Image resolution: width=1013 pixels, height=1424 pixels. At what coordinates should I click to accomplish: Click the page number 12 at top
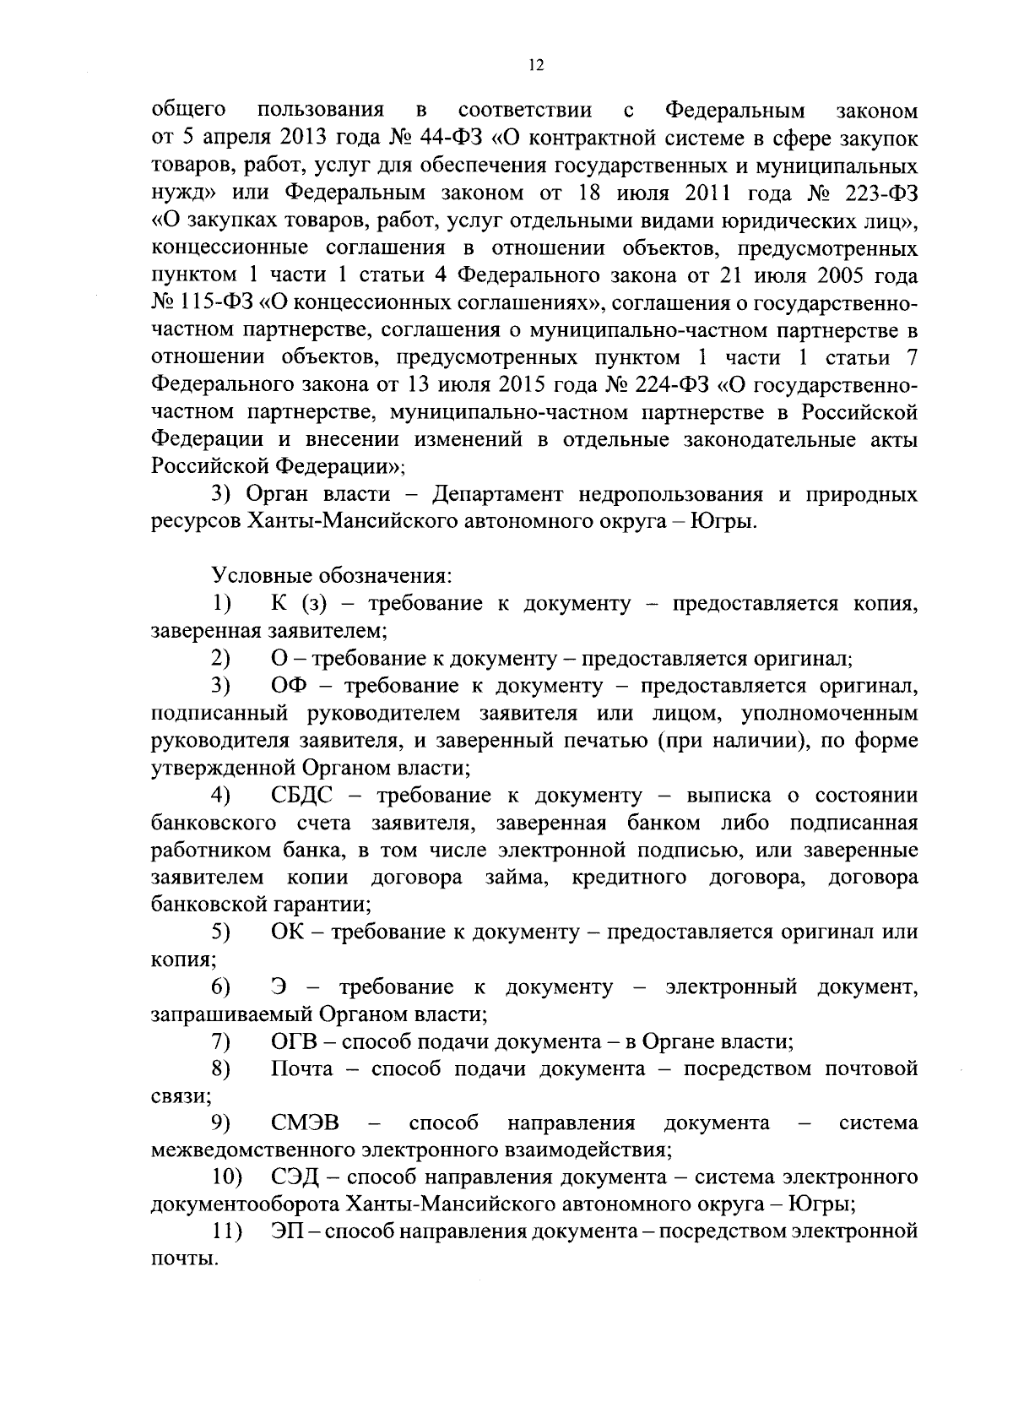(x=533, y=66)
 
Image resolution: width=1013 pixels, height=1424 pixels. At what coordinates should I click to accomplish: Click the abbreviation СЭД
(x=293, y=1177)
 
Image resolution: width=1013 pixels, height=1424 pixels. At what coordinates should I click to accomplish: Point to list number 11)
(x=226, y=1232)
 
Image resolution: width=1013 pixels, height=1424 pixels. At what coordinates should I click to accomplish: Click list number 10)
(x=226, y=1177)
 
